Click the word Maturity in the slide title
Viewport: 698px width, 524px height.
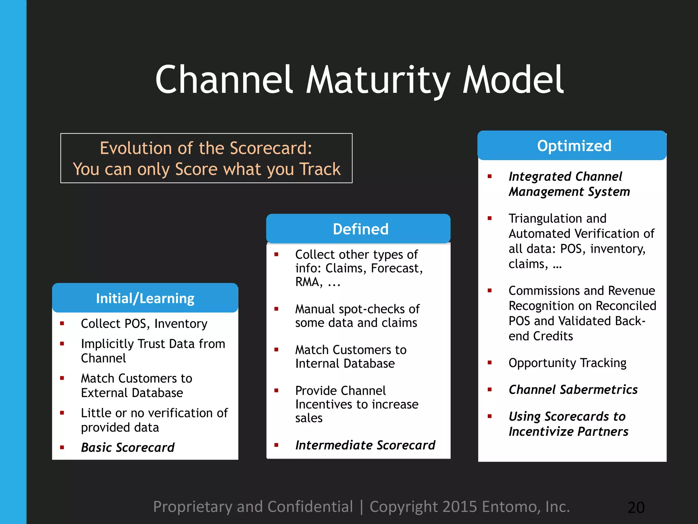(378, 80)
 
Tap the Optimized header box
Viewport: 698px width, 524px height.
(572, 146)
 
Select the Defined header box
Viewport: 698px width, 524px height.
(358, 229)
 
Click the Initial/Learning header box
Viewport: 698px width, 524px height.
(145, 298)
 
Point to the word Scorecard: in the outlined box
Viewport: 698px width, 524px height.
(271, 148)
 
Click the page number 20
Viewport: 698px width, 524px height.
(636, 507)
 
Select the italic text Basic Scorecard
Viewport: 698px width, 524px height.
(127, 447)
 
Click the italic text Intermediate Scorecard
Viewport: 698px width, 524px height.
(365, 445)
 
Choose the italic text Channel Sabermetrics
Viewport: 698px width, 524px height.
(573, 390)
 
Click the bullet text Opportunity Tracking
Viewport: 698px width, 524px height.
(567, 363)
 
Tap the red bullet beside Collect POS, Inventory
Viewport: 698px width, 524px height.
(62, 323)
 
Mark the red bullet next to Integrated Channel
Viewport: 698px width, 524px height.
(490, 176)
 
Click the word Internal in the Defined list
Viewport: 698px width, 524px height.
(318, 364)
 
